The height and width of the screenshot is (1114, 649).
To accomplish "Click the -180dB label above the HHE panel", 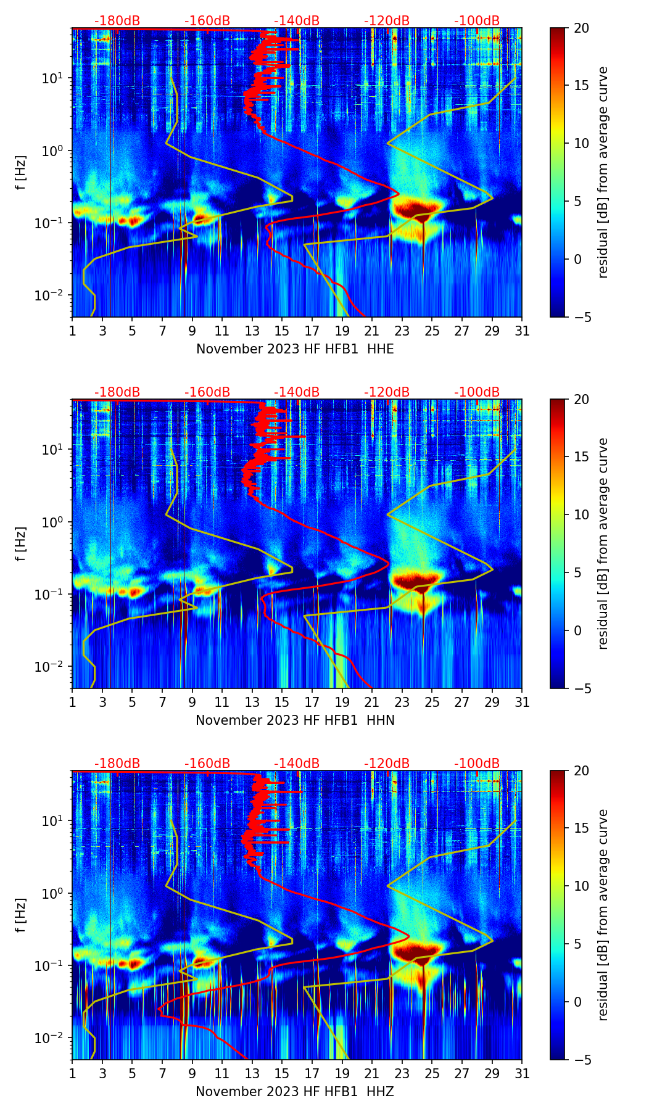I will point(117,21).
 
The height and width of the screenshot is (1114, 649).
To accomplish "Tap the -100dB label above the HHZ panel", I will point(477,764).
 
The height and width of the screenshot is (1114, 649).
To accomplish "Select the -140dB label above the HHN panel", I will point(297,392).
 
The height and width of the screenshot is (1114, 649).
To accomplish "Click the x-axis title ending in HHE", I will point(295,349).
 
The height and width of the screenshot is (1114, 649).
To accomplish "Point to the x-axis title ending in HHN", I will point(295,720).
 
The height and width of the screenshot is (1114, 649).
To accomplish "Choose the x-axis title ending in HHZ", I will point(295,1092).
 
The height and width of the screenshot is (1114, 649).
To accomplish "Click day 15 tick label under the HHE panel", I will point(282,331).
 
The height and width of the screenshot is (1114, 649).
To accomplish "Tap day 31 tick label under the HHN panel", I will point(522,702).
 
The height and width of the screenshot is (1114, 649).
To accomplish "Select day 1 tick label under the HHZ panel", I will point(72,1073).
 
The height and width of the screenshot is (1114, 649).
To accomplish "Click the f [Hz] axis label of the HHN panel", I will point(21,543).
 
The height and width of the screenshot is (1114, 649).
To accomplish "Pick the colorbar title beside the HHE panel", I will point(603,172).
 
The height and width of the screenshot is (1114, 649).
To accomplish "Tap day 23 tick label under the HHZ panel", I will point(402,1073).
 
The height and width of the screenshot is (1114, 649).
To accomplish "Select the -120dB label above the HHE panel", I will point(387,21).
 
